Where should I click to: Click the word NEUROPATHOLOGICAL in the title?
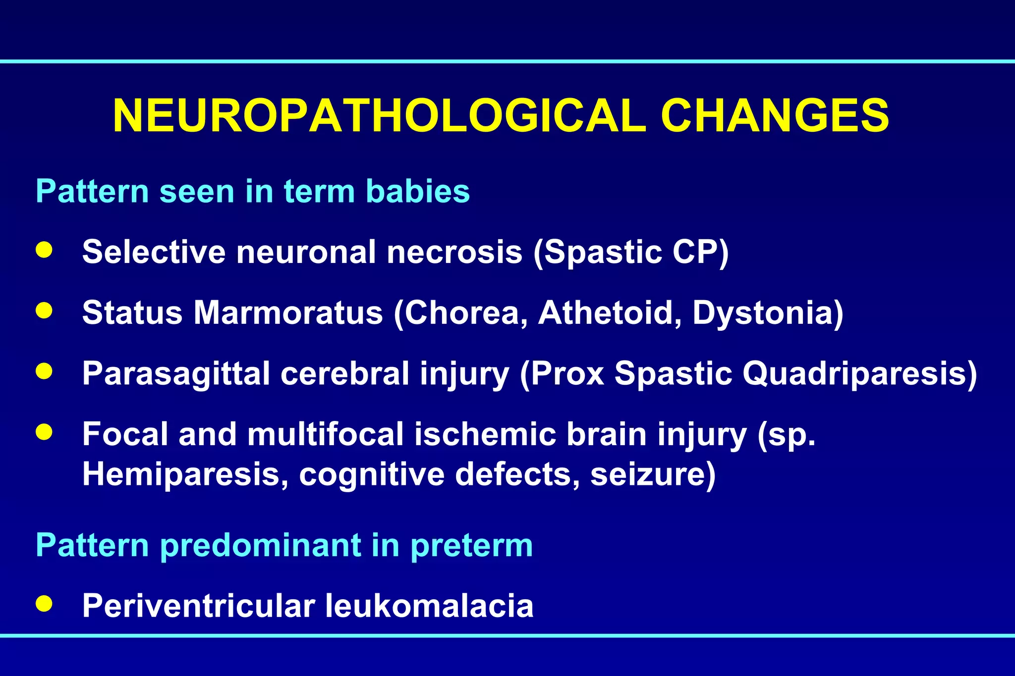pyautogui.click(x=379, y=116)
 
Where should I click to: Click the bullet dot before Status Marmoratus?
pyautogui.click(x=44, y=311)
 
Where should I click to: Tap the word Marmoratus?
pyautogui.click(x=288, y=312)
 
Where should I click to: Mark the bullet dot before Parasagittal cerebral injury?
pyautogui.click(x=44, y=371)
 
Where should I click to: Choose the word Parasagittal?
pyautogui.click(x=176, y=373)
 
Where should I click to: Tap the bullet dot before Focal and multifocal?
pyautogui.click(x=44, y=431)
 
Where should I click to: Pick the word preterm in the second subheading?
pyautogui.click(x=471, y=546)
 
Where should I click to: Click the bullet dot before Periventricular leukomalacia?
pyautogui.click(x=44, y=603)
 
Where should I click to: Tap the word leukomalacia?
pyautogui.click(x=429, y=605)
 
